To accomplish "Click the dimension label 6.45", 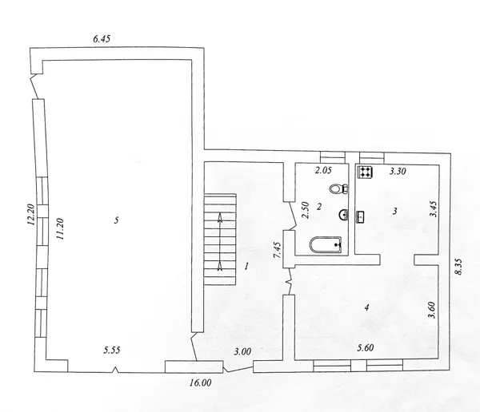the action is click(x=102, y=39).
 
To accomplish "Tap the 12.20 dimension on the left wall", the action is click(x=31, y=215).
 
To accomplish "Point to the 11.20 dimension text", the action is click(x=59, y=228).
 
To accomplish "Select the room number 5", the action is click(x=116, y=220).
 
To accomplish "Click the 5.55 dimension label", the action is click(x=112, y=351).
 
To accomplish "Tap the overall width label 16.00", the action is click(x=200, y=382).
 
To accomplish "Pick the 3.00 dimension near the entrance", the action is click(x=242, y=352).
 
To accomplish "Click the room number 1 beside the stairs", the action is click(x=246, y=267).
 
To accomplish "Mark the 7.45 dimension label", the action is click(x=278, y=250).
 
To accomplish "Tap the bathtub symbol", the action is click(x=326, y=244).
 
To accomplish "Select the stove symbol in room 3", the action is click(x=365, y=172).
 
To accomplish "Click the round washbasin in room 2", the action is click(x=344, y=214).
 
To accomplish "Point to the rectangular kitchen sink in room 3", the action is click(x=360, y=216).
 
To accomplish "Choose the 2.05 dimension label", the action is click(x=323, y=170).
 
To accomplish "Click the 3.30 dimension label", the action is click(x=398, y=171).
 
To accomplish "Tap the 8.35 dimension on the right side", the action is click(x=458, y=267).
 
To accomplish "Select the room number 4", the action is click(x=366, y=307).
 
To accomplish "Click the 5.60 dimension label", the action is click(x=366, y=347).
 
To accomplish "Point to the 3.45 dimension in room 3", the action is click(x=434, y=208).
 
